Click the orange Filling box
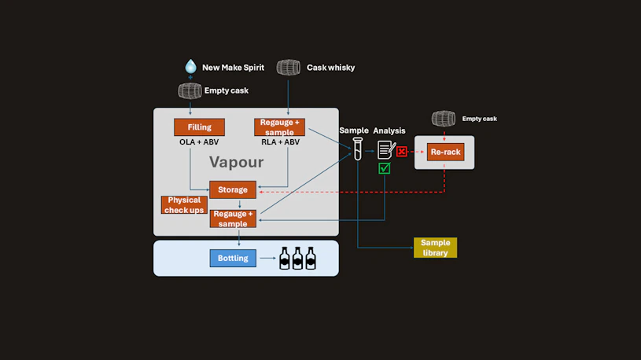point(199,127)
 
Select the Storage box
point(233,189)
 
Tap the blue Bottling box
point(233,258)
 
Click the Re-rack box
point(445,152)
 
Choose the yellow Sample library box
point(435,248)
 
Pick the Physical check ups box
point(185,205)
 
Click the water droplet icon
point(190,67)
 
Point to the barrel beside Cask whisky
point(289,68)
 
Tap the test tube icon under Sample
point(357,149)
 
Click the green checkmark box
point(385,168)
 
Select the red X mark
point(402,151)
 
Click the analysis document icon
point(385,149)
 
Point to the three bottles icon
point(297,258)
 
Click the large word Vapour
point(236,163)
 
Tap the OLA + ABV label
point(199,142)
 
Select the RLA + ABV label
point(280,142)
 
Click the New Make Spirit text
point(233,68)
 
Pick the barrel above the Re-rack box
point(444,119)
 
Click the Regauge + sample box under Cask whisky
point(280,127)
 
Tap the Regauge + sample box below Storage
point(233,219)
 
